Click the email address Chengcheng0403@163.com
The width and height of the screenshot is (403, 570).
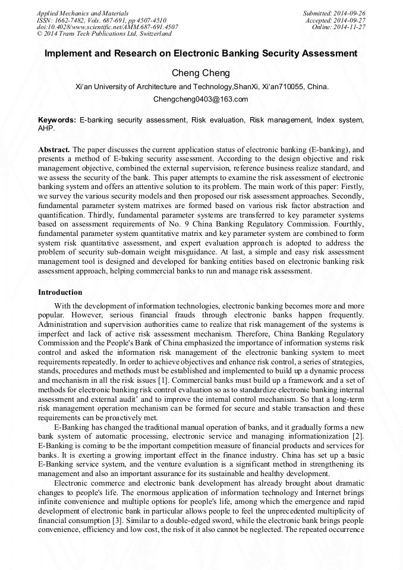201,99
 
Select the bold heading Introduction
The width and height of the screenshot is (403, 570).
60,292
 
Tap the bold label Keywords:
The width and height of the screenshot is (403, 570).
56,120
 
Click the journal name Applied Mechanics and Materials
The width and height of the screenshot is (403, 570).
84,13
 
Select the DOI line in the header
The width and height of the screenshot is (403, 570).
107,27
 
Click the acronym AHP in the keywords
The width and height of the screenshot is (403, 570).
46,128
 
